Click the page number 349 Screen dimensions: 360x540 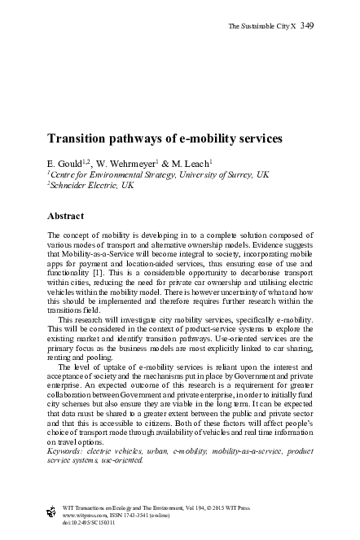click(307, 26)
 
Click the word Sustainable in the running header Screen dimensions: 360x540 click(256, 27)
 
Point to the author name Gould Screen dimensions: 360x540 click(77, 163)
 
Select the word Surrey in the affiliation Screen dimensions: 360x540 click(234, 174)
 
